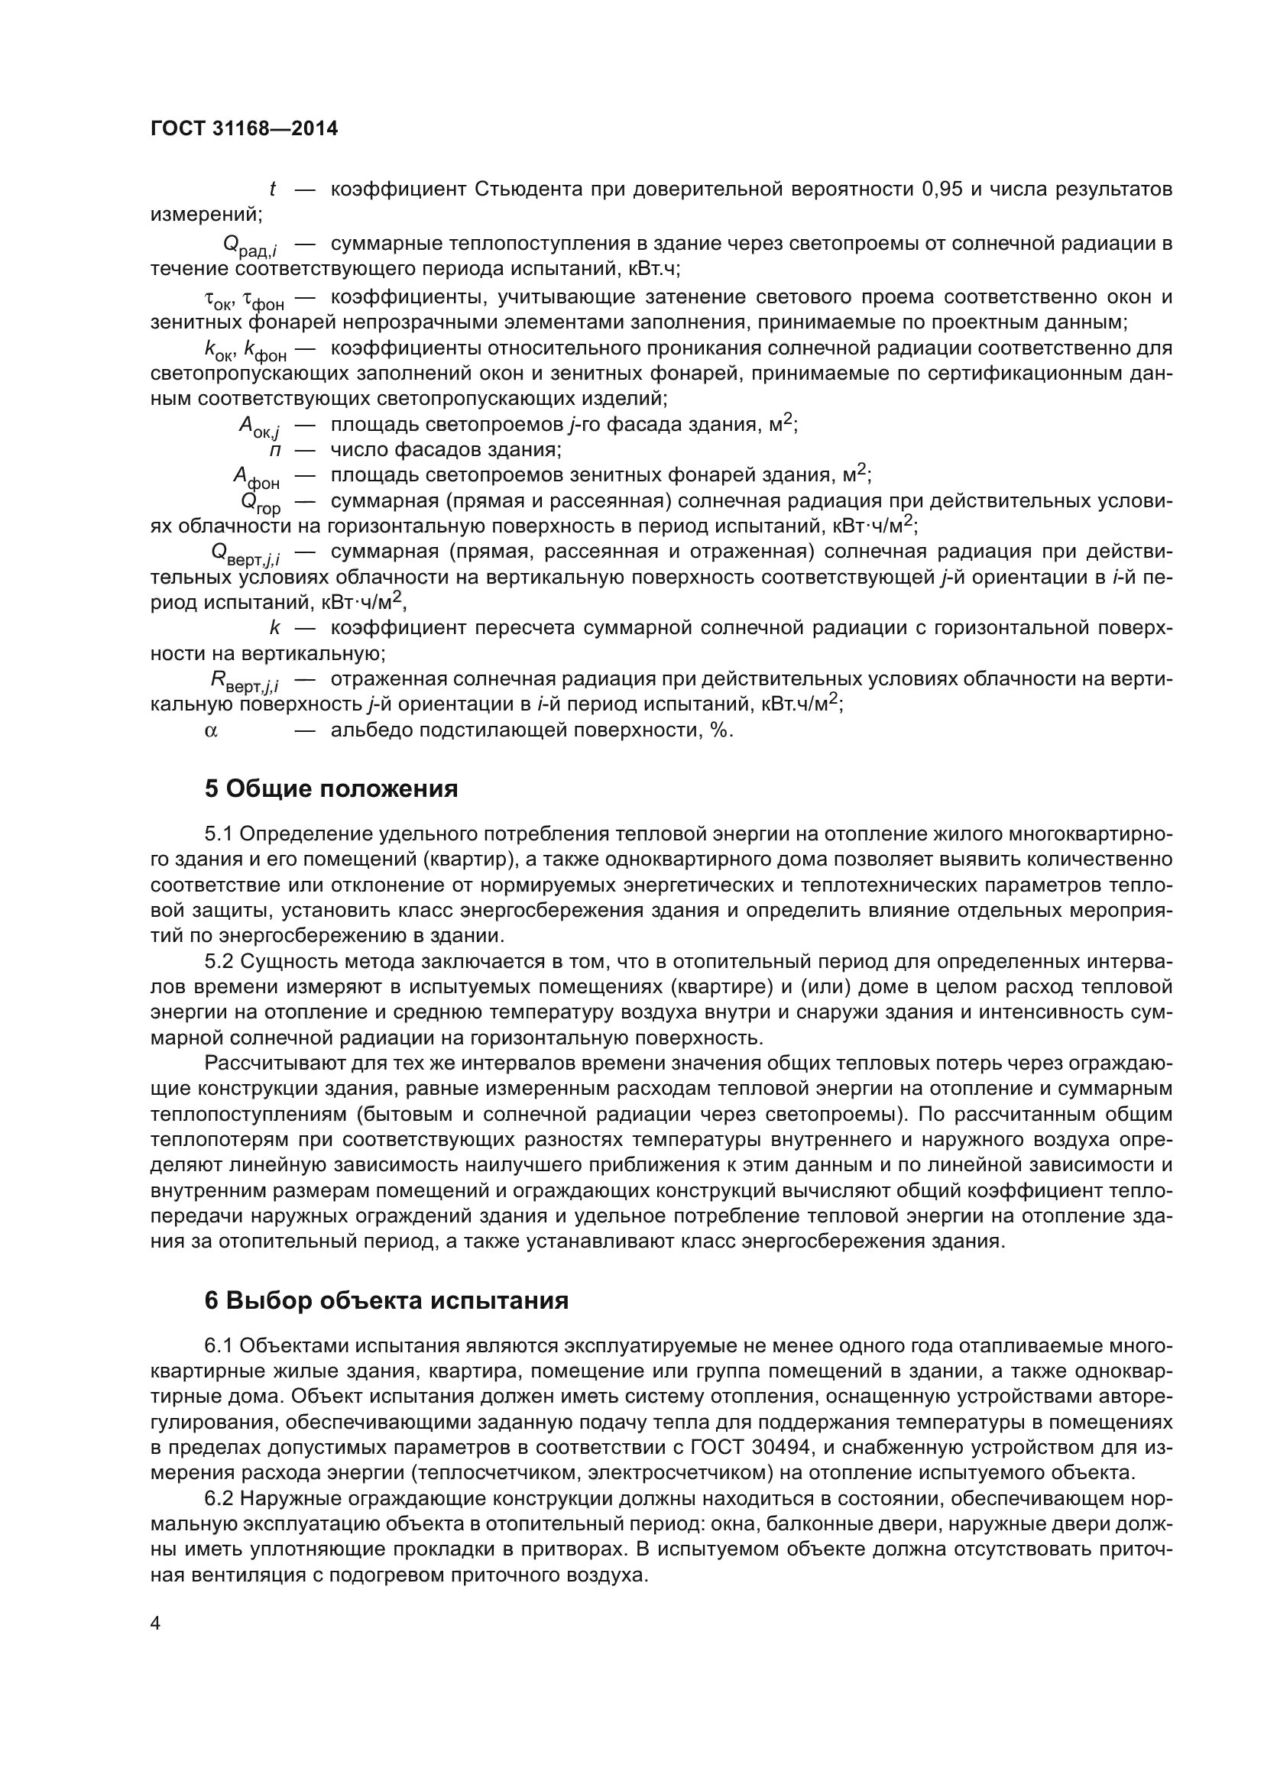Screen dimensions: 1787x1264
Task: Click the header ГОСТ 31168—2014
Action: click(244, 129)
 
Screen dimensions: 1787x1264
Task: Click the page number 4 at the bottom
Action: click(156, 1624)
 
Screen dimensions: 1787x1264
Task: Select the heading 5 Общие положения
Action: click(331, 789)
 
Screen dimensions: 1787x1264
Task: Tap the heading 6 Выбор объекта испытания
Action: click(386, 1300)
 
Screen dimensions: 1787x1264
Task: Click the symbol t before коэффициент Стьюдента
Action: click(272, 189)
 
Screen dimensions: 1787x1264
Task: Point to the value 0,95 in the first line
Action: click(942, 189)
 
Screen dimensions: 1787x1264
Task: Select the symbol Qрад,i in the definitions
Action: click(251, 246)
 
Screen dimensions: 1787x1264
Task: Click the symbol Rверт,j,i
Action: click(245, 681)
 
